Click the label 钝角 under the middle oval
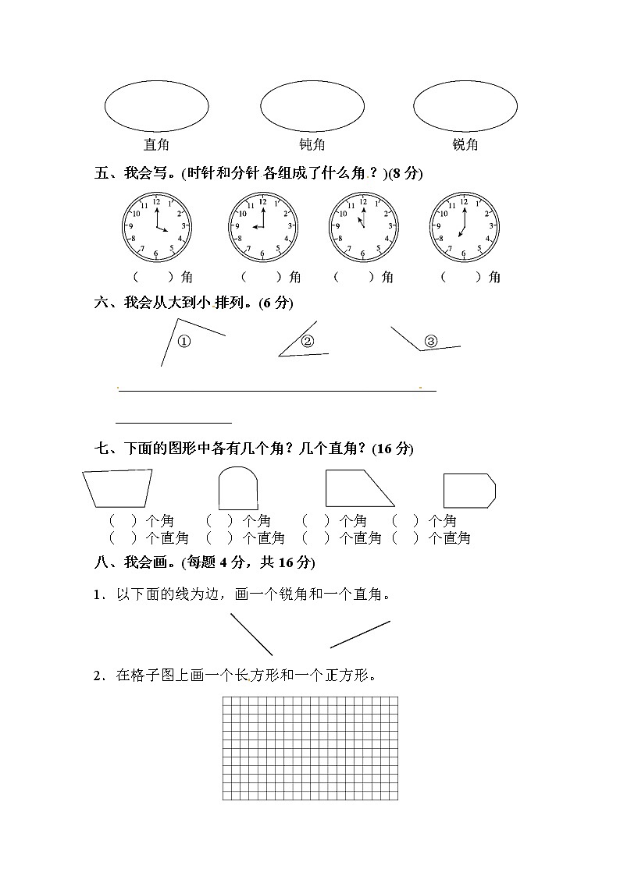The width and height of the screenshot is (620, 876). point(312,144)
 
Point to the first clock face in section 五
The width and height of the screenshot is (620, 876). point(156,226)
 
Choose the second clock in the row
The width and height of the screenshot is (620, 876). point(263,226)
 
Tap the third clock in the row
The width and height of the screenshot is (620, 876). point(362,226)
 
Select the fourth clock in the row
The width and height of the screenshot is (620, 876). point(464,226)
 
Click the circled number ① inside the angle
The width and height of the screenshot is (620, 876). point(184,342)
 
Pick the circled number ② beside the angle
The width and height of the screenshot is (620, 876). point(307,341)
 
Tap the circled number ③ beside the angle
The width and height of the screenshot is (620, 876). point(431,341)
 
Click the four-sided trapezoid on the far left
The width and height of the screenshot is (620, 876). point(118,488)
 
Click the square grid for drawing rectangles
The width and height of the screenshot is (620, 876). point(310,748)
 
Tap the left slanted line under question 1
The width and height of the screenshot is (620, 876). point(251,634)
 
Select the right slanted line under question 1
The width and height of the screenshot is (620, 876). point(360,634)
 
